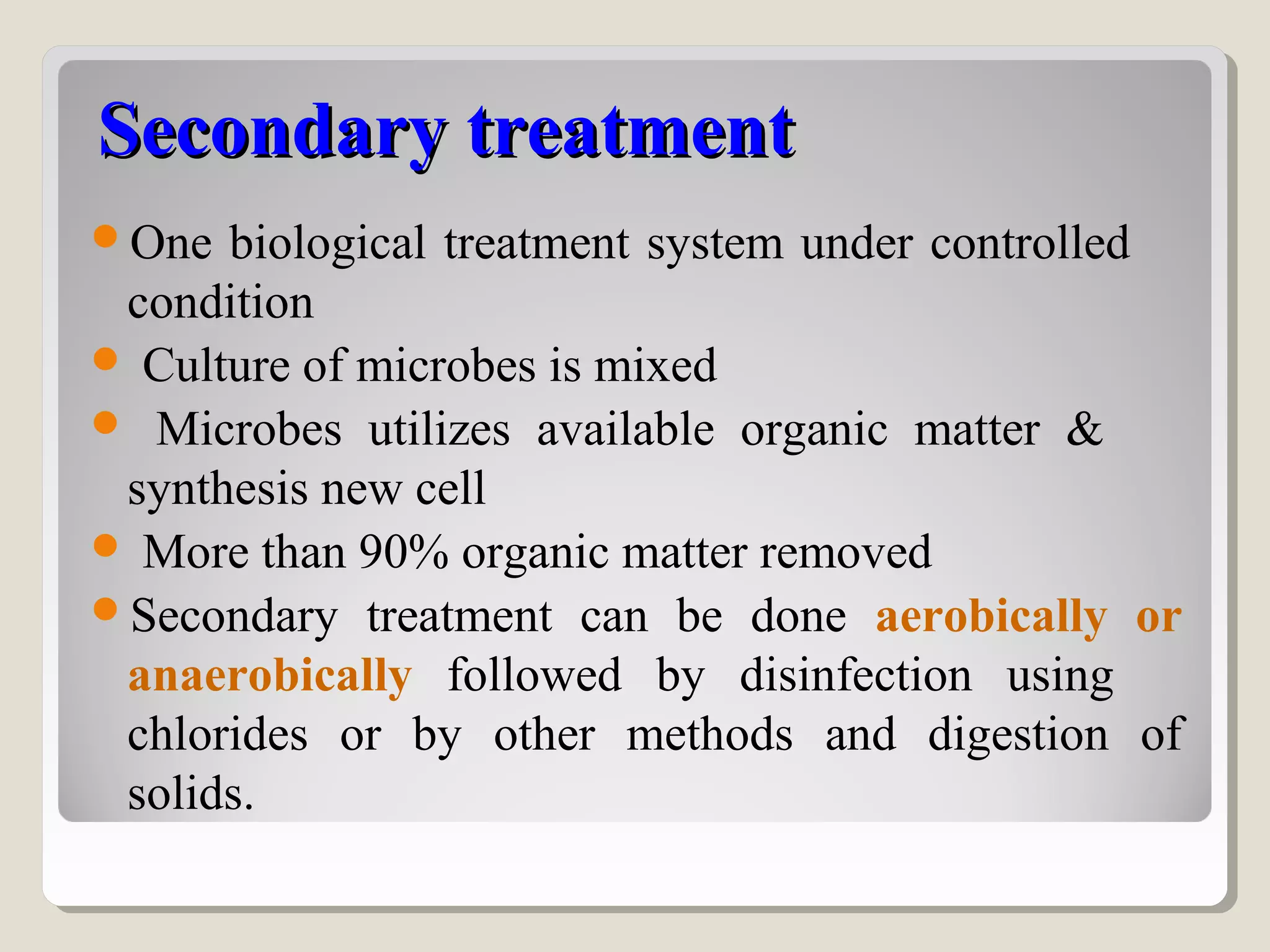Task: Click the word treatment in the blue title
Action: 631,131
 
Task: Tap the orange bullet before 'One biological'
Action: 105,236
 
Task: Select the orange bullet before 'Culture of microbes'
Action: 105,359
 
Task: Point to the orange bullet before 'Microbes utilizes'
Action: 105,423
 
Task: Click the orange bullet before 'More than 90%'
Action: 105,546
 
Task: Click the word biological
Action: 327,243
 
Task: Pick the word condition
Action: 221,304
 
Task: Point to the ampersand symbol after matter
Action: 1084,429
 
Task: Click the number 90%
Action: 403,552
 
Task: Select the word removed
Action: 845,552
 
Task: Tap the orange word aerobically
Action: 991,617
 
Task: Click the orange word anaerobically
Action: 270,676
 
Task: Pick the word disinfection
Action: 856,676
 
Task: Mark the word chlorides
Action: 218,735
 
